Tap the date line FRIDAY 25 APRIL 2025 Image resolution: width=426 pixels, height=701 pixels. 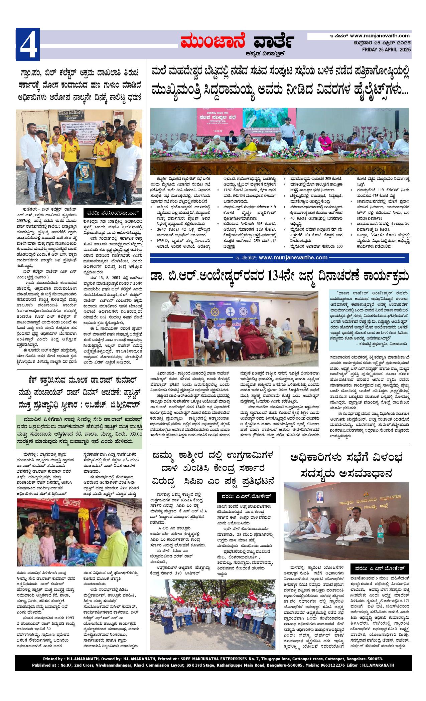click(386, 49)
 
